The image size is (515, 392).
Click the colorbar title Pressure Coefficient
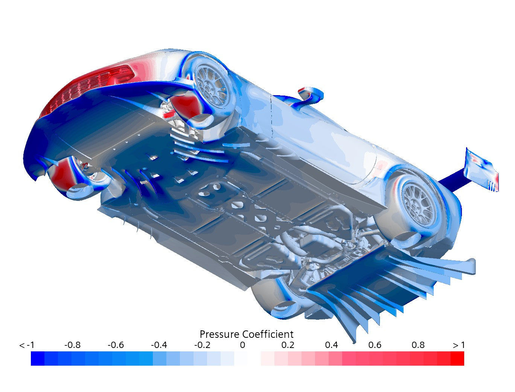coord(246,334)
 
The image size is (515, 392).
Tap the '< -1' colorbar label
coord(27,345)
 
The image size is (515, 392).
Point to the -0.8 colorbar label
coord(72,345)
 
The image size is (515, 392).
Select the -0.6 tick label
coord(116,345)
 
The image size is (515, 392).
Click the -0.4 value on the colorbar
coord(159,345)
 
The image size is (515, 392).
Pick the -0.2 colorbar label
coord(202,345)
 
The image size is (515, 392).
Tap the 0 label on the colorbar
coord(242,345)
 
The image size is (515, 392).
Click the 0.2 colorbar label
coord(288,345)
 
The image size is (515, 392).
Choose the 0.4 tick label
coord(331,345)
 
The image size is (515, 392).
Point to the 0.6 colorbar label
coord(375,345)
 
